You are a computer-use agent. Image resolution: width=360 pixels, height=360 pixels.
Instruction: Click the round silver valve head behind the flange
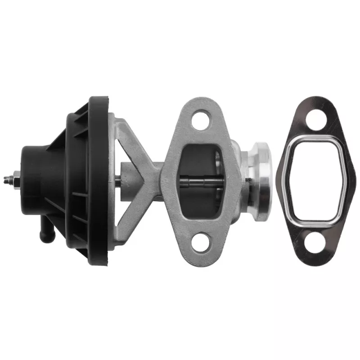(x=261, y=180)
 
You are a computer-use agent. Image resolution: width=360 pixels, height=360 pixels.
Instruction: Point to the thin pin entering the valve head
(x=249, y=181)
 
